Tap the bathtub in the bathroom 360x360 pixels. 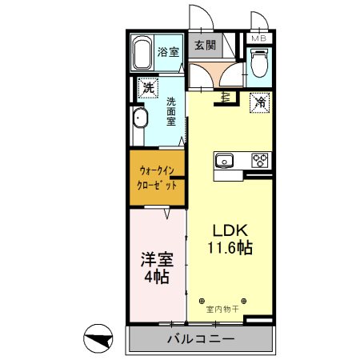click(142, 54)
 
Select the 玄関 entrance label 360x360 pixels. click(203, 46)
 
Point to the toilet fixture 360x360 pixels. click(258, 62)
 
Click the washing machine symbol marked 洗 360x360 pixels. click(147, 88)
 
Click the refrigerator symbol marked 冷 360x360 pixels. click(260, 102)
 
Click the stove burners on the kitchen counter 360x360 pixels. click(260, 160)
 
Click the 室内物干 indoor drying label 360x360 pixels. click(223, 308)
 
